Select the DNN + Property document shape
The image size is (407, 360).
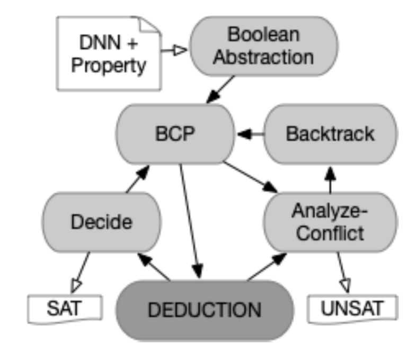point(109,53)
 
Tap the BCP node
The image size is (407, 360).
point(175,134)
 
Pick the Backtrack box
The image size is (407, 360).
point(330,134)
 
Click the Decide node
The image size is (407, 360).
point(101,222)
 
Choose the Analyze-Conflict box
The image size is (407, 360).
point(330,222)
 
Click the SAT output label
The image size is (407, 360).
point(65,308)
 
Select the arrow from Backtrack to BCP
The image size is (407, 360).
point(250,134)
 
